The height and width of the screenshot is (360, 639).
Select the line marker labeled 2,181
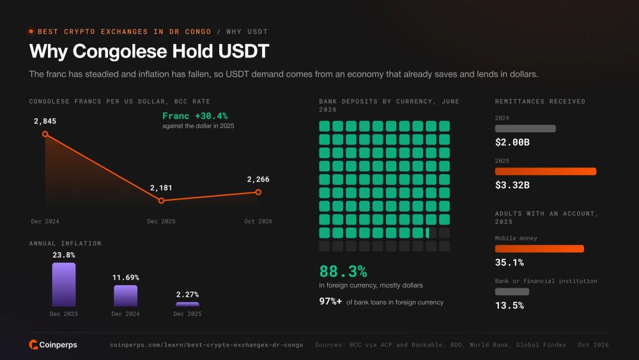point(162,201)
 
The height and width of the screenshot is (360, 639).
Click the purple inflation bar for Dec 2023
point(64,285)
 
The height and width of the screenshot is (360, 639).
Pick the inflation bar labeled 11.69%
point(125,295)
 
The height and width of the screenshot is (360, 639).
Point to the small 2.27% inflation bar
point(187,304)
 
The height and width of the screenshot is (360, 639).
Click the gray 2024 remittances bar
point(525,129)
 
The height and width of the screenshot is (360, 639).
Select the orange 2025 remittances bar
point(546,171)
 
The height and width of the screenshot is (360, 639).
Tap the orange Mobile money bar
point(539,249)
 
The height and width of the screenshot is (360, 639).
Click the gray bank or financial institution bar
point(512,292)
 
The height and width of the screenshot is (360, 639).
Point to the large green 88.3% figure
point(343,271)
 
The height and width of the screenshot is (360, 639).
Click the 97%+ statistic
point(330,301)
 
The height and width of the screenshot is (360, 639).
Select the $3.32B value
point(512,185)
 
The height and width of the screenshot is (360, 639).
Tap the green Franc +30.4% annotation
point(195,116)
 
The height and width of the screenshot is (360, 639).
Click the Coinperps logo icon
point(33,345)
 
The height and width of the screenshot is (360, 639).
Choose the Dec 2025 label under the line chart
point(162,221)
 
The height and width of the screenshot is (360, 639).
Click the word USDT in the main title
point(243,51)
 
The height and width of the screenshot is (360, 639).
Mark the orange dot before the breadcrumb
point(31,31)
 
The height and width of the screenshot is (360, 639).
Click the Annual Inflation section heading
point(65,244)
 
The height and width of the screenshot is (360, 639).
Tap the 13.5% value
point(509,306)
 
